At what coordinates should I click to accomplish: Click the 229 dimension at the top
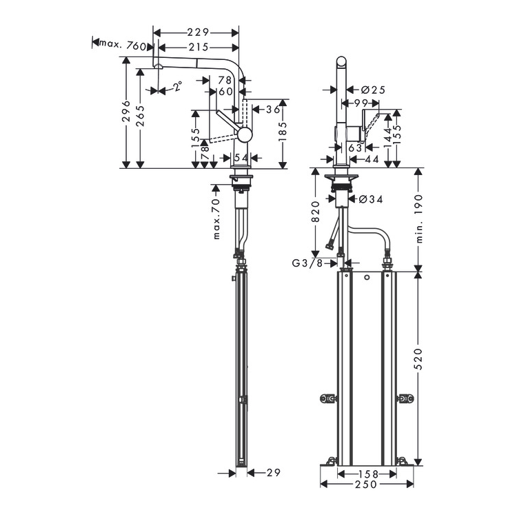click(x=198, y=32)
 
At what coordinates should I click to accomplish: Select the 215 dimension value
click(x=199, y=48)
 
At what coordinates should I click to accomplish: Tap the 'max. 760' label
click(x=123, y=45)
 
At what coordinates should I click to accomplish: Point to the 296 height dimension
click(x=126, y=112)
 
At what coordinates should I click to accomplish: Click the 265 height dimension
click(x=141, y=116)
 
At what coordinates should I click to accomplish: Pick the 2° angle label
click(x=178, y=86)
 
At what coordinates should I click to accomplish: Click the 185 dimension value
click(x=283, y=132)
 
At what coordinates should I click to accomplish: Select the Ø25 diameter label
click(x=373, y=90)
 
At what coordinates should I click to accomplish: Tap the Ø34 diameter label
click(x=371, y=199)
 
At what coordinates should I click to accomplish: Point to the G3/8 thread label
click(x=307, y=263)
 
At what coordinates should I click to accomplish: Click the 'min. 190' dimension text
click(x=418, y=219)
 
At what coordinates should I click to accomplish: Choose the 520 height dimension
click(x=418, y=358)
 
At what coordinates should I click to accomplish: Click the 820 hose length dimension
click(x=315, y=212)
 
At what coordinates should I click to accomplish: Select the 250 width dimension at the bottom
click(x=366, y=484)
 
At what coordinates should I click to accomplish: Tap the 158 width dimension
click(x=367, y=474)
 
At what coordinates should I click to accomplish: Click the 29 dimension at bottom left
click(x=273, y=473)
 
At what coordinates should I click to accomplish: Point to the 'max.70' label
click(x=216, y=219)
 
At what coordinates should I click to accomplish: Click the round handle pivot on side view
click(x=245, y=134)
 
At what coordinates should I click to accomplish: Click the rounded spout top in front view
click(x=342, y=62)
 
